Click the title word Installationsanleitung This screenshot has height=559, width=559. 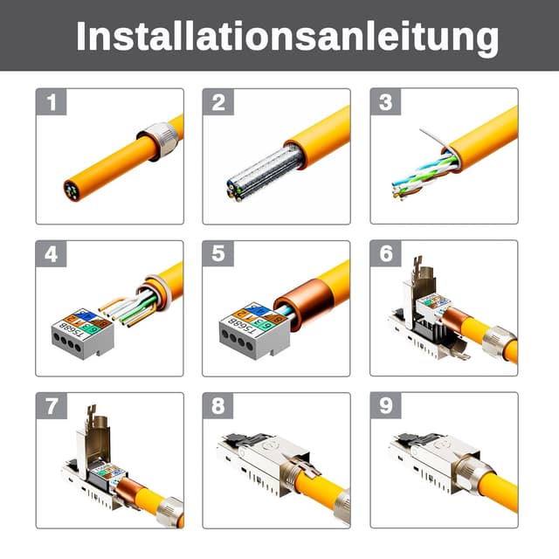[x=287, y=37]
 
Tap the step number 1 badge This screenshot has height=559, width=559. [x=52, y=103]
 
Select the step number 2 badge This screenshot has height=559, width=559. [x=218, y=103]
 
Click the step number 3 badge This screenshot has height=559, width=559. [x=385, y=103]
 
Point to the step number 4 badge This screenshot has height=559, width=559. [x=52, y=255]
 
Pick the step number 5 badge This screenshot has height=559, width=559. [x=218, y=255]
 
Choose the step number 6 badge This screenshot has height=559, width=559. [x=385, y=255]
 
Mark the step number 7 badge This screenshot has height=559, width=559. [x=52, y=407]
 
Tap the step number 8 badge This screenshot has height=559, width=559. [x=218, y=407]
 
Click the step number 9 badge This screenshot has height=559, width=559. [x=385, y=407]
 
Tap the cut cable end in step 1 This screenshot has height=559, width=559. [x=72, y=188]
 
